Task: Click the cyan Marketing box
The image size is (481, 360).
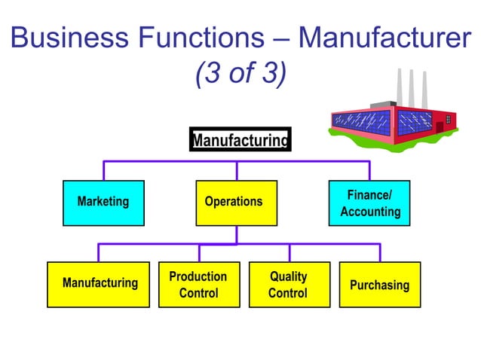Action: (103, 203)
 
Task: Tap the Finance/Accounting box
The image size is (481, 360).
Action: (369, 203)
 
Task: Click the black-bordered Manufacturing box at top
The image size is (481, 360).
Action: (240, 140)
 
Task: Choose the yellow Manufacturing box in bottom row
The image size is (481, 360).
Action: (100, 285)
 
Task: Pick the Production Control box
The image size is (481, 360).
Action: (198, 285)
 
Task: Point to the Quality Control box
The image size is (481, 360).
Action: (288, 285)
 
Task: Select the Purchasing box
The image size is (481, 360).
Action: (379, 285)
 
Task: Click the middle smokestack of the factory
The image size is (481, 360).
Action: (412, 87)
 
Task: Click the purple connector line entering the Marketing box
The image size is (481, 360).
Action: (103, 171)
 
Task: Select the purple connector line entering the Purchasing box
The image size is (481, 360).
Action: (379, 253)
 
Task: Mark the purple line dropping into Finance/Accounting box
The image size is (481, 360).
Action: (369, 171)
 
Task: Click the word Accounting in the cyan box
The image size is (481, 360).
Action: (370, 212)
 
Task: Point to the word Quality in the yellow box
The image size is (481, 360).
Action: (288, 276)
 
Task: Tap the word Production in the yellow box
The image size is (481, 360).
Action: (198, 276)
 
